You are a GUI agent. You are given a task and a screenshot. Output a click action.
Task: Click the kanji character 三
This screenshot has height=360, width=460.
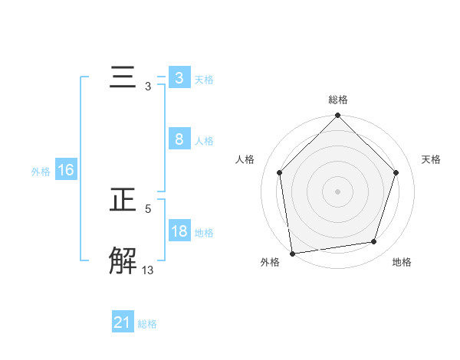123,78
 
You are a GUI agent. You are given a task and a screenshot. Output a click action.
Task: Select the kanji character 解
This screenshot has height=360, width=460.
123,260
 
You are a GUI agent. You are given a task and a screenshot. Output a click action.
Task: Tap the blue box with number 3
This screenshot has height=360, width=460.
179,78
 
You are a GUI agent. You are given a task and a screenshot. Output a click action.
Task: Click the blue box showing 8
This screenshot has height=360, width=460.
179,139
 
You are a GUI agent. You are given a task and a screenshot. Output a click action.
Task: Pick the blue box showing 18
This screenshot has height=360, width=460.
179,231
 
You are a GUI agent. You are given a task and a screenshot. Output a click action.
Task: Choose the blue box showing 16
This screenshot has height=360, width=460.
66,170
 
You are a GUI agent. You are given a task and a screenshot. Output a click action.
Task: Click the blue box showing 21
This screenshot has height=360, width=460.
123,322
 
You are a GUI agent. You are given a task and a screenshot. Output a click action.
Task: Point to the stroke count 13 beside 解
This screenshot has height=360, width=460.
148,269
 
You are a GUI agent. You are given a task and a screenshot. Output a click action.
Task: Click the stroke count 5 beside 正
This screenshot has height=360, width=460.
148,208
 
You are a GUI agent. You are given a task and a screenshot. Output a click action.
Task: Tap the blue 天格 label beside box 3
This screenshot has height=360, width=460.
203,79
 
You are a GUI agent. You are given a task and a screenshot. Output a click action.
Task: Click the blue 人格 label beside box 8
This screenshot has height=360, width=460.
203,140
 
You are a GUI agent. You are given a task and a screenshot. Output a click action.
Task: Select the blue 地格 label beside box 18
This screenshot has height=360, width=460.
203,232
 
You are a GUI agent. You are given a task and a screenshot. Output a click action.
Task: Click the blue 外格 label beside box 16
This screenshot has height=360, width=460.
41,172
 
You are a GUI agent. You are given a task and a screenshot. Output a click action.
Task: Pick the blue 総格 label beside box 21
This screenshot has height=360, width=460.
147,324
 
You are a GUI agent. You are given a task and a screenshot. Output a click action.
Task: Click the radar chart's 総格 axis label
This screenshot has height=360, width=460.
338,100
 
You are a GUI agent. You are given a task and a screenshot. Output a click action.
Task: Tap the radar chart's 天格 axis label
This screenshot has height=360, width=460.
431,159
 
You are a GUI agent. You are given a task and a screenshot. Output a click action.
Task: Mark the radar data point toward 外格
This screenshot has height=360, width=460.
292,253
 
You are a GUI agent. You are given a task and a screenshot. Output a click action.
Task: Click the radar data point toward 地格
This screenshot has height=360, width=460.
374,242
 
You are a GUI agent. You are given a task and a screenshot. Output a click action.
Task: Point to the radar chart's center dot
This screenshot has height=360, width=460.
338,191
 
